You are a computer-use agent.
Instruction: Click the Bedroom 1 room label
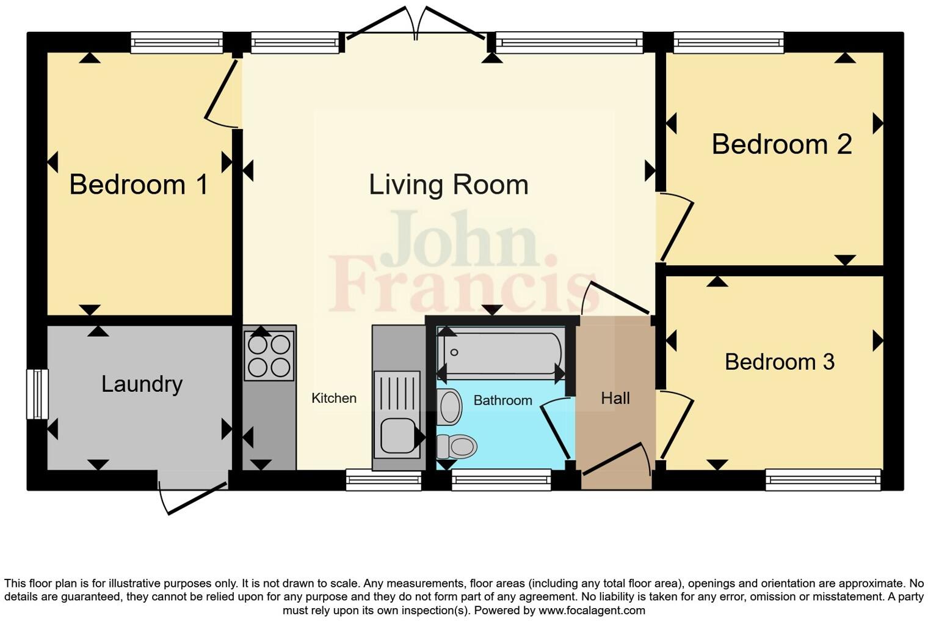click(x=139, y=185)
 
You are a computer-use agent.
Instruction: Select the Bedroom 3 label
click(x=779, y=362)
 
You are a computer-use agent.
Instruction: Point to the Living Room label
click(x=448, y=185)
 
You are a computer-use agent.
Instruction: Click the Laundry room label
click(x=142, y=384)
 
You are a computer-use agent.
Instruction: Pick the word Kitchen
click(x=333, y=399)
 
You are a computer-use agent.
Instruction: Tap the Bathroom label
click(x=502, y=400)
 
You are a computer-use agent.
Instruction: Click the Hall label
click(x=615, y=399)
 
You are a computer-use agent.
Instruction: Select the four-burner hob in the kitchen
click(x=269, y=356)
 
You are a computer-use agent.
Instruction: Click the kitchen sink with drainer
click(x=397, y=414)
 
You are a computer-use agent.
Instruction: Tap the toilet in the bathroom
click(x=457, y=446)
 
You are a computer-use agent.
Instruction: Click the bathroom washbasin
click(x=450, y=406)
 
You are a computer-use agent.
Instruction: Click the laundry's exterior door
click(x=192, y=492)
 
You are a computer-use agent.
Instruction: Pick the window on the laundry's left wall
click(x=37, y=394)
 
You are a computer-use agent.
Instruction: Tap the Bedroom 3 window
click(x=823, y=480)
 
